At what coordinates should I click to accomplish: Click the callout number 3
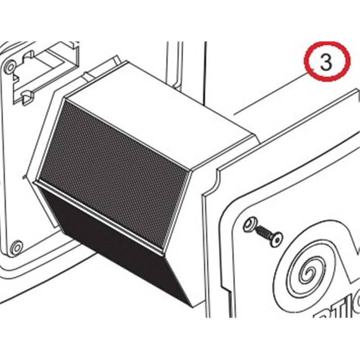(x=326, y=63)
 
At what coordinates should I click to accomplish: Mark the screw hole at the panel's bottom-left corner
(x=17, y=246)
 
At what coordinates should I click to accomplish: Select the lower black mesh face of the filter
(x=121, y=243)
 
